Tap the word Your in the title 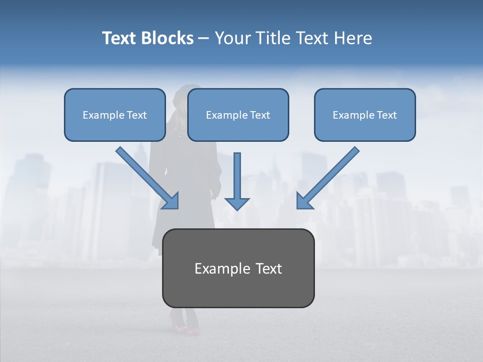tap(233, 38)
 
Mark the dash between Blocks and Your tap(204, 39)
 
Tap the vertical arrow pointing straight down tap(237, 176)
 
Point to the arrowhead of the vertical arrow tap(237, 203)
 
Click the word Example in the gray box tap(217, 268)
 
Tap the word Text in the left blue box tap(137, 115)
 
